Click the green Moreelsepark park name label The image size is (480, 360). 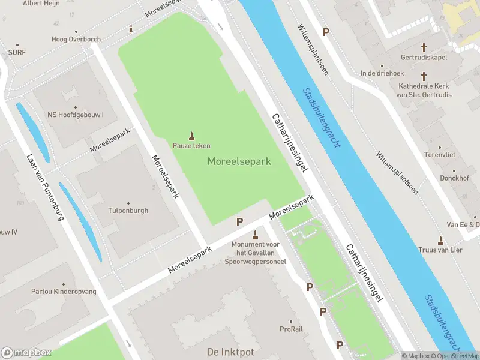(239, 161)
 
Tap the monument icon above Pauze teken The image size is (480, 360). (192, 136)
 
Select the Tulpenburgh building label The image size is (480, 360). (128, 211)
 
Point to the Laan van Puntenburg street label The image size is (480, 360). (45, 187)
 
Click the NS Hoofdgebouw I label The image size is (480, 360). (76, 115)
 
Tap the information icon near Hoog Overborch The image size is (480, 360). (131, 29)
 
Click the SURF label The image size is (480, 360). (17, 52)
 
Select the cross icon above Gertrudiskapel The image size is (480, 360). (424, 47)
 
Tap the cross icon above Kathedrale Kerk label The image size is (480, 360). (424, 76)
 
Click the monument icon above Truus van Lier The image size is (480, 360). (440, 241)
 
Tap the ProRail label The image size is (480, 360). (292, 329)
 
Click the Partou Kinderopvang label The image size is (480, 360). (64, 292)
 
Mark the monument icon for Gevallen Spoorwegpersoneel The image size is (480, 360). (256, 235)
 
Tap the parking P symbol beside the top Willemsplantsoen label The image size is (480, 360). (326, 32)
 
